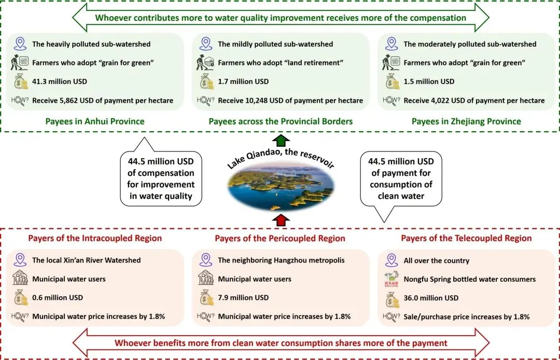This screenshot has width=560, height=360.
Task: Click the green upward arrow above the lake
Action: pos(281,141)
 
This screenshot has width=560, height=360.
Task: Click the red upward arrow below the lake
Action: pos(281,220)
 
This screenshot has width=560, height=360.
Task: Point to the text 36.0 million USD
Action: pos(431,298)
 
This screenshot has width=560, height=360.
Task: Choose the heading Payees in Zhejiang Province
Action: pos(466,121)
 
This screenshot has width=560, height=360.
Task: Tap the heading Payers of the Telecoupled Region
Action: pos(466,239)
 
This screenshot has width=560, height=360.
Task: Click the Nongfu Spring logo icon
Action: pos(391,279)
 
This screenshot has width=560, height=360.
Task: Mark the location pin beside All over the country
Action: pos(391,260)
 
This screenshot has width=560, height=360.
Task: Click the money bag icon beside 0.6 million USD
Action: pos(21,298)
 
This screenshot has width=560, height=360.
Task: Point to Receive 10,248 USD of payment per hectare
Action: pos(290,100)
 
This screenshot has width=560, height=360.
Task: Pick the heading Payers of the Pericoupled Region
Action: pos(280,239)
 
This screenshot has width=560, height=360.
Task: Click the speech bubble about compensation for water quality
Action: pos(161,176)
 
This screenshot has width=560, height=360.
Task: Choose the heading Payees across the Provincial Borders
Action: pos(281,121)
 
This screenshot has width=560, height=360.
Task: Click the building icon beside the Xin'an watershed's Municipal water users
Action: pos(21,279)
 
